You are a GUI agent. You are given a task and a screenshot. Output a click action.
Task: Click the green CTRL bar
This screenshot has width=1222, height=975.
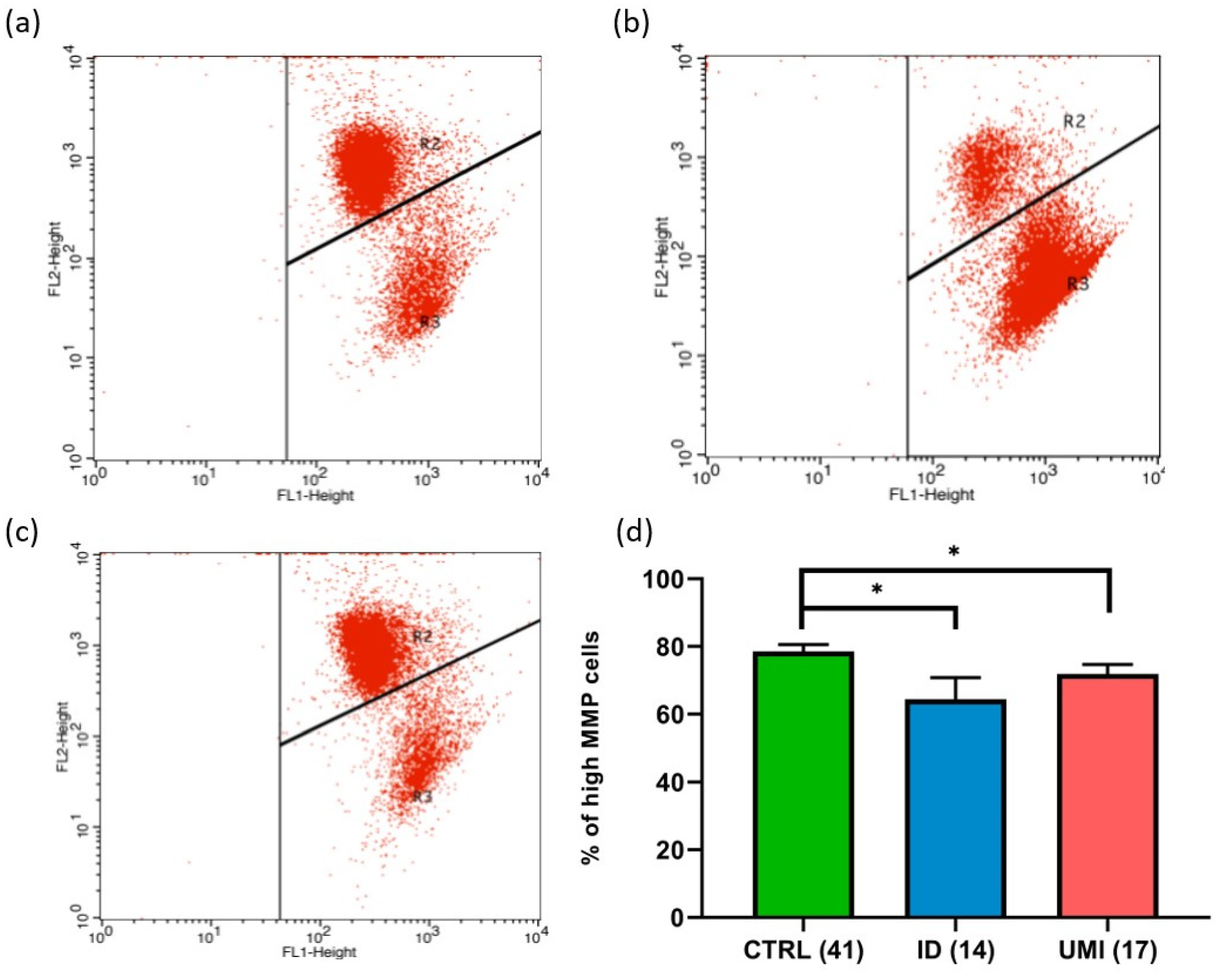(x=803, y=785)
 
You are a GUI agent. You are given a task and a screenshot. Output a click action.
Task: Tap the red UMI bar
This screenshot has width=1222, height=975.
(x=1107, y=796)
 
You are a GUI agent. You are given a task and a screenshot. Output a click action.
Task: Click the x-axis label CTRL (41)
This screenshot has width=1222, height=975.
(x=803, y=951)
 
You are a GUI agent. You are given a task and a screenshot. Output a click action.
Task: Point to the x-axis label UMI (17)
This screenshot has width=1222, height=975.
(x=1107, y=951)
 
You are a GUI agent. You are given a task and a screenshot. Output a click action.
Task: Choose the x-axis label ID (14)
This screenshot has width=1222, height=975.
(x=955, y=951)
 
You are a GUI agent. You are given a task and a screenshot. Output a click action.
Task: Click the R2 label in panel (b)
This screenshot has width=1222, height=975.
(x=1073, y=121)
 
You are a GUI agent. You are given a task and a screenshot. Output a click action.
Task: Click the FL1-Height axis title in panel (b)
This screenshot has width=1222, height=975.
(x=931, y=495)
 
